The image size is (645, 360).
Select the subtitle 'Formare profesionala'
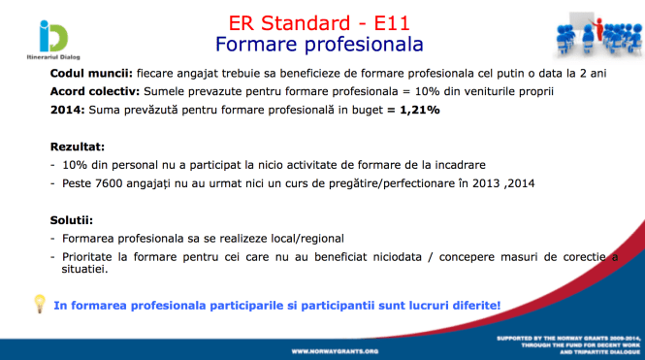point(320,45)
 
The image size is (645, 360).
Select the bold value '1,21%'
point(414,110)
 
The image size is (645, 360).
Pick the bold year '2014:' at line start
point(68,110)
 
